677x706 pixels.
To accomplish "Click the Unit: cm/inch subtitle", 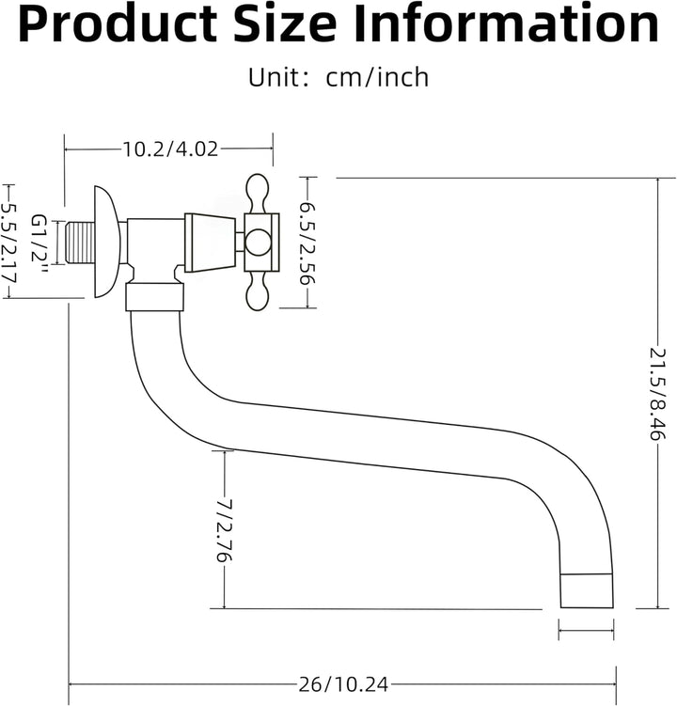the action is pyautogui.click(x=338, y=77).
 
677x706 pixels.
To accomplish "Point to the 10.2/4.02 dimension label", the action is pyautogui.click(x=170, y=149).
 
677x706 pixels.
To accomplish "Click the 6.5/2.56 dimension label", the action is pyautogui.click(x=308, y=243).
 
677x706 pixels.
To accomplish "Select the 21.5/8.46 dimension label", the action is pyautogui.click(x=657, y=394).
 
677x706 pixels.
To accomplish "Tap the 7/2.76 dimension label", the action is pyautogui.click(x=224, y=530).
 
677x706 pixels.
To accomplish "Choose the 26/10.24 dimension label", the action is pyautogui.click(x=343, y=684).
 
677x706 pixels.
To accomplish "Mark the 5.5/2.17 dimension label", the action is pyautogui.click(x=8, y=243).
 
